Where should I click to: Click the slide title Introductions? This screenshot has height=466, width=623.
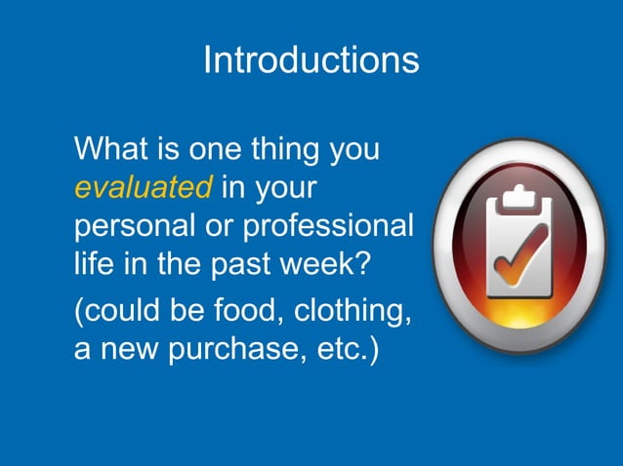click(311, 60)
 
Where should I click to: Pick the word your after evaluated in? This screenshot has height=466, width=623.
click(289, 188)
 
